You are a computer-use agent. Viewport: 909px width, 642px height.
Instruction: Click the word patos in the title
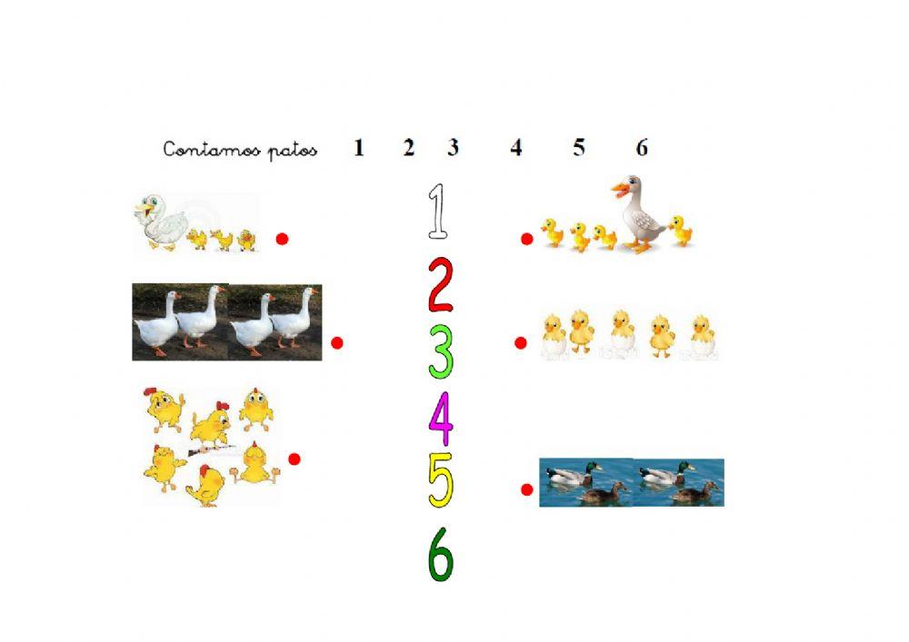click(x=293, y=151)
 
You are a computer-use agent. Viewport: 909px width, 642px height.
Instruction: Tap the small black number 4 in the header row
click(x=516, y=148)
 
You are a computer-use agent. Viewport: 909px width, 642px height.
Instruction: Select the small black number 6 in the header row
click(x=642, y=148)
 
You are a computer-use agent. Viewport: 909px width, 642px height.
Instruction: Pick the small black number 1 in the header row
click(x=359, y=148)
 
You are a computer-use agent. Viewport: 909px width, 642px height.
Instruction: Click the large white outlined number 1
click(x=438, y=212)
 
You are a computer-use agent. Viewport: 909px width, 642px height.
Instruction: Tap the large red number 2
click(x=440, y=284)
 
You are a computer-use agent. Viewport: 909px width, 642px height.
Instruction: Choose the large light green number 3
click(x=441, y=352)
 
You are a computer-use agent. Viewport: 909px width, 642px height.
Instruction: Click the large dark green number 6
click(x=441, y=554)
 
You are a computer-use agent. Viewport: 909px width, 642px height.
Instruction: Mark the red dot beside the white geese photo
click(x=337, y=342)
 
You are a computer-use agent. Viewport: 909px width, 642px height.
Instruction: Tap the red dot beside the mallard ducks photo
click(x=526, y=489)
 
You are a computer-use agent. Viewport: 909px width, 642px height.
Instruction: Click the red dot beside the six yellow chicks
click(x=295, y=459)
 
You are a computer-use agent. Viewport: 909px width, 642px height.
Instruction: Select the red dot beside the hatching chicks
click(x=521, y=342)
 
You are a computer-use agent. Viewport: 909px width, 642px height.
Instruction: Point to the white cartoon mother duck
click(x=162, y=222)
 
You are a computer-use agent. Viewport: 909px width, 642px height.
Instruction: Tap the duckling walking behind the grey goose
click(x=680, y=231)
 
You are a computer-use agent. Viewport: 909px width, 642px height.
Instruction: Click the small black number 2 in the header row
click(x=409, y=148)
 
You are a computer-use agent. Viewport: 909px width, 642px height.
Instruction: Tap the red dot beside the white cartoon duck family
click(x=282, y=239)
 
